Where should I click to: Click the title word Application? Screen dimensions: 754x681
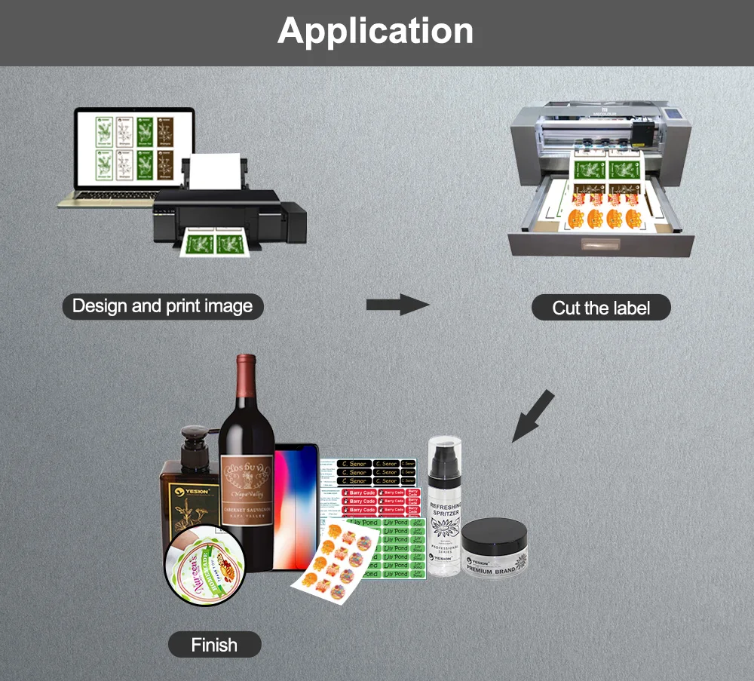375,32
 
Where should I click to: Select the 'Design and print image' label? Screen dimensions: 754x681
162,306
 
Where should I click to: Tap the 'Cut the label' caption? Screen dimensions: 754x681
601,308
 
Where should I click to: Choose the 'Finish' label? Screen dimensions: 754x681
214,645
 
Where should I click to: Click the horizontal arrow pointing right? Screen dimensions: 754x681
397,305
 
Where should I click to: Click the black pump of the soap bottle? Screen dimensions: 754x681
194,441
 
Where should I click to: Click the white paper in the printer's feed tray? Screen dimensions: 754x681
216,172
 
